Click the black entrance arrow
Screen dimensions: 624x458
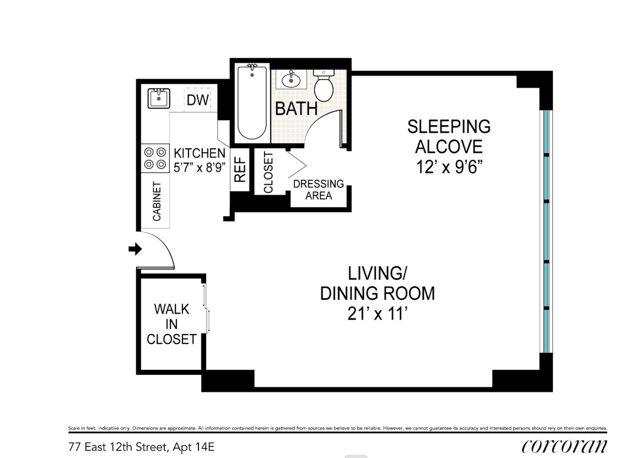(135, 249)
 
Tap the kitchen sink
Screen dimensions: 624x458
(159, 98)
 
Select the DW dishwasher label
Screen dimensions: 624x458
(198, 100)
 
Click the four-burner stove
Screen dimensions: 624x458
(155, 158)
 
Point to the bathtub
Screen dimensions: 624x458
(252, 103)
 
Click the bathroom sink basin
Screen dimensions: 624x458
(291, 80)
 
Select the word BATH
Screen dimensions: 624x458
(297, 109)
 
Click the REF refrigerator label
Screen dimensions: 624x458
(240, 170)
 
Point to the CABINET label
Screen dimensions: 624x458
(157, 201)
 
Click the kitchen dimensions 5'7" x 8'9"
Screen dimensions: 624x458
(200, 168)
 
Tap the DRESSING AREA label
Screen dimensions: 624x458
(319, 190)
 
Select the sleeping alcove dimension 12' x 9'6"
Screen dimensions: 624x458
(449, 167)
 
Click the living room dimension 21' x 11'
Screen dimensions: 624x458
(377, 314)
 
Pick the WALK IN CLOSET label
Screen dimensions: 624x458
(171, 324)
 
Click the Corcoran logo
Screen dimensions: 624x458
(564, 446)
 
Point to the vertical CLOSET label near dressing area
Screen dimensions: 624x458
(268, 173)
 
